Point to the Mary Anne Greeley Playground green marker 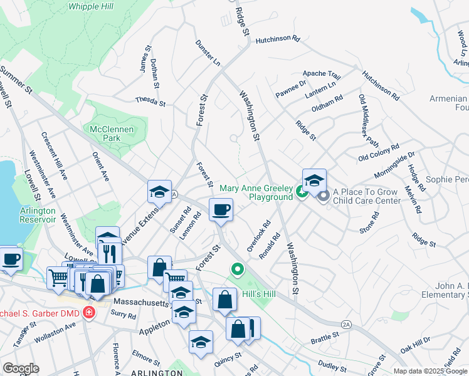point(302,192)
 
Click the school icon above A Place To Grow point(314,180)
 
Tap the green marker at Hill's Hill point(237,270)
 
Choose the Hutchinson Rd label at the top point(277,39)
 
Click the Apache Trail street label point(321,74)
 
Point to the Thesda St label point(150,102)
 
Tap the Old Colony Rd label point(378,153)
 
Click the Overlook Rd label point(258,236)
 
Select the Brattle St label point(325,338)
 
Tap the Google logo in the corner point(21,368)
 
